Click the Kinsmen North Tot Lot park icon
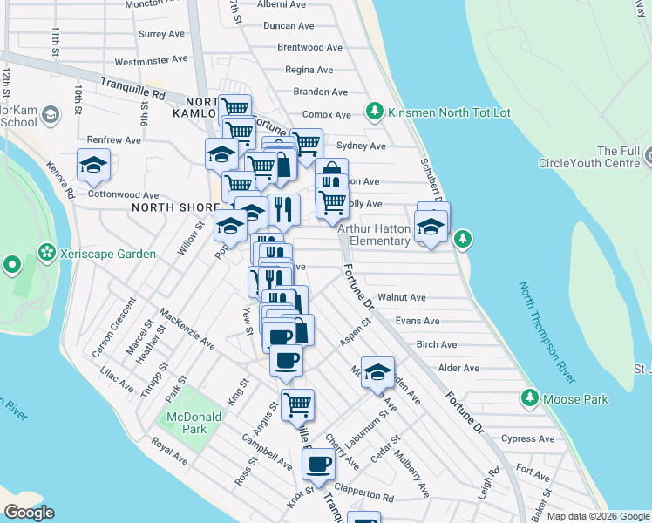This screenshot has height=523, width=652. pyautogui.click(x=375, y=111)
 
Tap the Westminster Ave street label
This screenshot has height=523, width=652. pyautogui.click(x=151, y=61)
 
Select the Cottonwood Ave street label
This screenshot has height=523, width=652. pyautogui.click(x=124, y=195)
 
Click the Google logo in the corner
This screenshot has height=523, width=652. pyautogui.click(x=29, y=513)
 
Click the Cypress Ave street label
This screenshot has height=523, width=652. pyautogui.click(x=526, y=438)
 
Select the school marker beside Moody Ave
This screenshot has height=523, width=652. pyautogui.click(x=377, y=371)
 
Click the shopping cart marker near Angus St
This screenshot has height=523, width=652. pyautogui.click(x=297, y=404)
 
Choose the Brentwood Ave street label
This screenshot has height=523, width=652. pyautogui.click(x=309, y=48)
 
